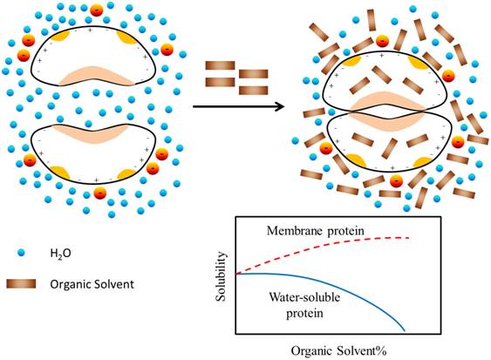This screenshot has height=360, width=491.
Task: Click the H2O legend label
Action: [60, 253]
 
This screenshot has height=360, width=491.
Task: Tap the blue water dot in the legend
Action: [21, 253]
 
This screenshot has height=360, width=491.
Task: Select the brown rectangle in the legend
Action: [21, 283]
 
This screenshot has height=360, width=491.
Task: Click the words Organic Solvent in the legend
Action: [92, 284]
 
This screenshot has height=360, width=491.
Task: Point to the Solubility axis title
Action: [221, 276]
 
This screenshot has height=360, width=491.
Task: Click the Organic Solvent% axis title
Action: [338, 351]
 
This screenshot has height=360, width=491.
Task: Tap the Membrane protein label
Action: [316, 231]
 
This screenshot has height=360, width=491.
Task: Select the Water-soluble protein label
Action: [304, 304]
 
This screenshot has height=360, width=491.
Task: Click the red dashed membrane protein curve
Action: [323, 250]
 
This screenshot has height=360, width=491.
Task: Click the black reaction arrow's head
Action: [279, 106]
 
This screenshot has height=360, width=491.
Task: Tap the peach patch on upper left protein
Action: [97, 76]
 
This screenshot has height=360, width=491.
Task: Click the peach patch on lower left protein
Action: [91, 133]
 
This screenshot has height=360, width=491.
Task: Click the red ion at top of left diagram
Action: [97, 10]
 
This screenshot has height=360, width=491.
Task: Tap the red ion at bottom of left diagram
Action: [100, 193]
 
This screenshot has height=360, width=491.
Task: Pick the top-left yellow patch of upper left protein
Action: [60, 37]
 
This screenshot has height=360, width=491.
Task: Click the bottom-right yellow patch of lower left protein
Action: [126, 173]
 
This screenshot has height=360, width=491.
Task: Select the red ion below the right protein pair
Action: [397, 181]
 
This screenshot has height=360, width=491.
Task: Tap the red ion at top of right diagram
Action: [382, 41]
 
